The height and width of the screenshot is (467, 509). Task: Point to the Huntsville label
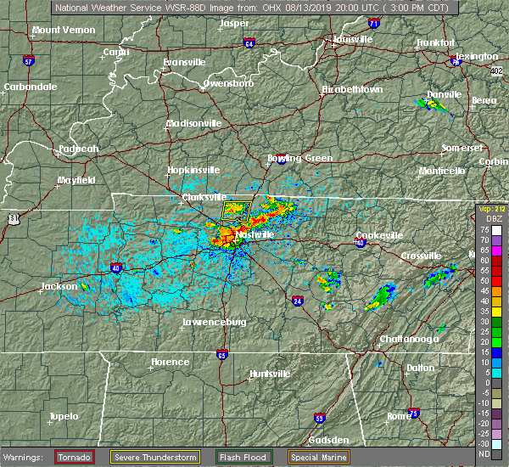click(270, 374)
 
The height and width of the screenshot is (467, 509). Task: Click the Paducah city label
click(78, 149)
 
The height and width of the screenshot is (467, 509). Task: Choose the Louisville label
click(350, 39)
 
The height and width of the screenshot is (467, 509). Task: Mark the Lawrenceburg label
click(215, 323)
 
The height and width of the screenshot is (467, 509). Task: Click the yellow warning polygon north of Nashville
click(238, 210)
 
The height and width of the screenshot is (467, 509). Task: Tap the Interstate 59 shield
click(320, 418)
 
